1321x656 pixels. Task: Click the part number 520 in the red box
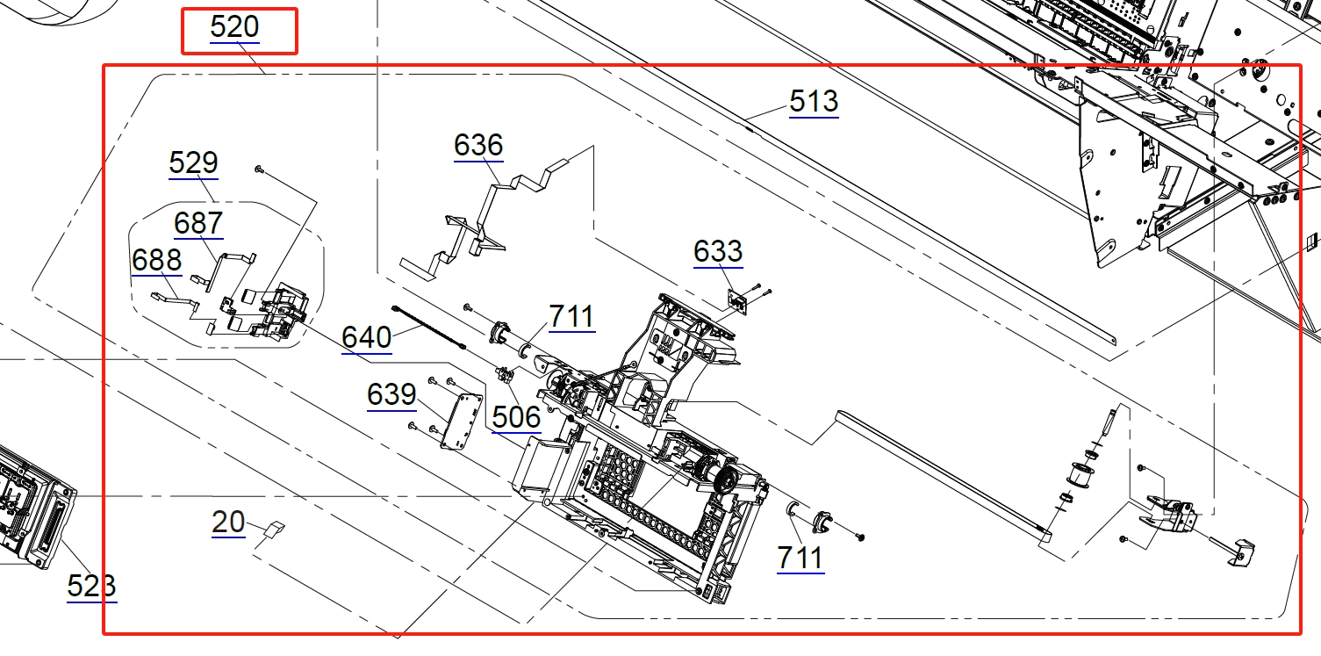pyautogui.click(x=234, y=27)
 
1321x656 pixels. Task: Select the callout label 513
pyautogui.click(x=814, y=102)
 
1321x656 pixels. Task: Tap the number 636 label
pyautogui.click(x=478, y=145)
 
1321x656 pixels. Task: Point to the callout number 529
pyautogui.click(x=193, y=162)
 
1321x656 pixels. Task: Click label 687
pyautogui.click(x=198, y=224)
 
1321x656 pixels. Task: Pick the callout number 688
pyautogui.click(x=157, y=260)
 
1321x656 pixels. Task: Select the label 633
pyautogui.click(x=718, y=252)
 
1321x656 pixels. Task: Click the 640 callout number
pyautogui.click(x=367, y=337)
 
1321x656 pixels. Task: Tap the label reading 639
pyautogui.click(x=391, y=394)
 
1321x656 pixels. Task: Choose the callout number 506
pyautogui.click(x=517, y=418)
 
